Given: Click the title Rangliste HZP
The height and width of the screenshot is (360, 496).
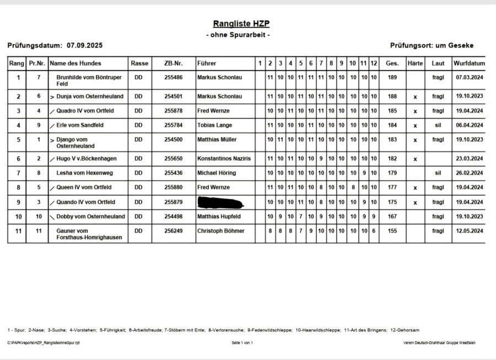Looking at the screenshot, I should tap(241, 24).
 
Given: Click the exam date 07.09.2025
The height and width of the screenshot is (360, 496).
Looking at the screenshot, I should tap(85, 45).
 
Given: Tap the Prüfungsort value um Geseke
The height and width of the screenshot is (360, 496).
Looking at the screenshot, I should tap(454, 45).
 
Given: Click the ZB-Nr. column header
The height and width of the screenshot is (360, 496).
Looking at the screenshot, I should tap(173, 63).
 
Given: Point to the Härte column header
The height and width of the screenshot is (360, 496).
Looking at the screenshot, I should tap(415, 63).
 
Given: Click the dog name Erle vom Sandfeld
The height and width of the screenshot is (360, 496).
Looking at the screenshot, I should tap(80, 125).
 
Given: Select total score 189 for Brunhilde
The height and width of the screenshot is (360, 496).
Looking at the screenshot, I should tap(392, 78).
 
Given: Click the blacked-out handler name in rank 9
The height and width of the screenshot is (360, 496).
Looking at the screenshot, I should tap(220, 202).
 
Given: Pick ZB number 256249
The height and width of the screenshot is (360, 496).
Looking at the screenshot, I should tap(173, 231).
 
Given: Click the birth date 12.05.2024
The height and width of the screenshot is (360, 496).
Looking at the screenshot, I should tap(469, 231).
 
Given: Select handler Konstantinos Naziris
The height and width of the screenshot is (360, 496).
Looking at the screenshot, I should tap(224, 159).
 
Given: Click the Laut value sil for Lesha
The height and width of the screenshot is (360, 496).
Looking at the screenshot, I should tap(438, 173).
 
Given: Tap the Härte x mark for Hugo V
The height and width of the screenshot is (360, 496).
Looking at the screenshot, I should tap(415, 159).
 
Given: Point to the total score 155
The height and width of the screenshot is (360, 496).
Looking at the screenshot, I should tap(392, 231).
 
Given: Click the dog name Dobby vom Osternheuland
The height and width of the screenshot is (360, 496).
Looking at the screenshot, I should tap(90, 217).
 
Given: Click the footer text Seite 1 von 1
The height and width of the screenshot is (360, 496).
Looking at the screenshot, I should tap(242, 343).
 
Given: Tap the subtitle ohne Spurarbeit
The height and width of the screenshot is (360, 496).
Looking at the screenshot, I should tap(238, 35).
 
